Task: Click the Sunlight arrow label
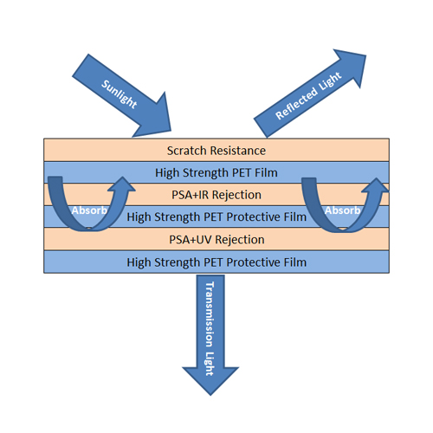coord(120,94)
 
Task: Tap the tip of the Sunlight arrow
coord(171,131)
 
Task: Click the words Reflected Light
coord(308,95)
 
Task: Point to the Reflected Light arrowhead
coord(366,55)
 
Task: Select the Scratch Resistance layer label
coord(216,151)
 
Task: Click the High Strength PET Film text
coord(216,172)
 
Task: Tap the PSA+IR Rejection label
coord(216,195)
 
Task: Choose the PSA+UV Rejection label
coord(216,240)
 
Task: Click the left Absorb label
coord(89,210)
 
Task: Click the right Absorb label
coord(343,210)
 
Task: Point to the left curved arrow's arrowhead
coord(122,184)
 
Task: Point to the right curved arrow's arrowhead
coord(376,184)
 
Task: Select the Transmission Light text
coord(210,328)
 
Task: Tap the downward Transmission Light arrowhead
coord(210,396)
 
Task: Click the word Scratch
coord(187,151)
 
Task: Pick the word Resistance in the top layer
coord(238,151)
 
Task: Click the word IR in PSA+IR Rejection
coord(204,195)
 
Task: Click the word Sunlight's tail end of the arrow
coord(81,65)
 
